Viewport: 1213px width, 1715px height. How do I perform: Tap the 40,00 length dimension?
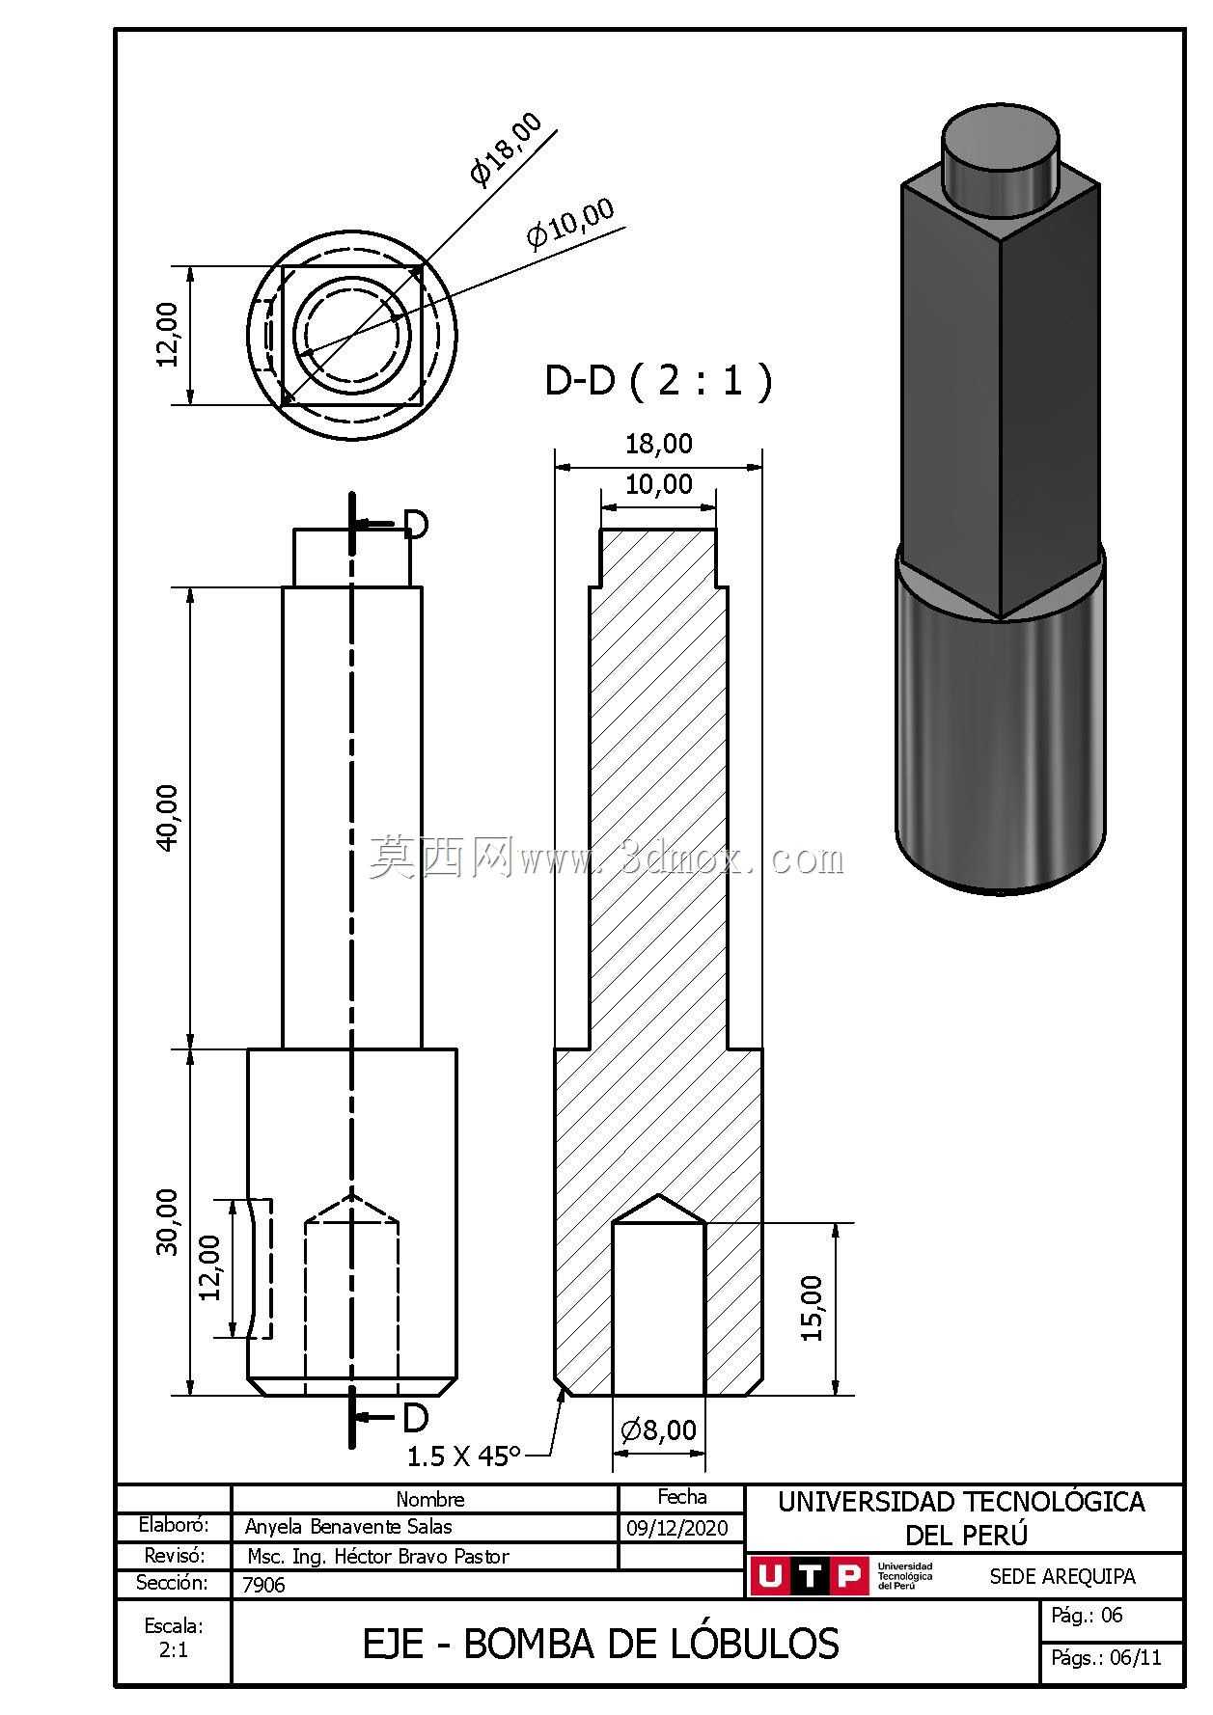(167, 817)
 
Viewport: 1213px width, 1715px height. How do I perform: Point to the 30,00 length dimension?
(167, 1221)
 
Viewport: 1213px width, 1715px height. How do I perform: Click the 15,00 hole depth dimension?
(813, 1308)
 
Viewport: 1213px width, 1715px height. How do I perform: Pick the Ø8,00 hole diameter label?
(658, 1429)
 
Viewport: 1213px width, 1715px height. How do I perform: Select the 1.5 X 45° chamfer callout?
(463, 1456)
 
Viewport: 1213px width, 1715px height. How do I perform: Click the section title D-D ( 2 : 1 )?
(658, 380)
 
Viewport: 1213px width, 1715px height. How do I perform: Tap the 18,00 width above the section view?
(658, 444)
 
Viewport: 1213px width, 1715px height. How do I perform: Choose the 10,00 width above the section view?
(658, 484)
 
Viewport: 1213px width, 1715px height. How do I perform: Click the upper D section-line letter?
(416, 524)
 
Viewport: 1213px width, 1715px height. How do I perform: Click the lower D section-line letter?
(416, 1417)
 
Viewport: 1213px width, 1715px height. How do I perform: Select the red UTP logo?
(808, 1576)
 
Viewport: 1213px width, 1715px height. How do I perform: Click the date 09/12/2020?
(678, 1528)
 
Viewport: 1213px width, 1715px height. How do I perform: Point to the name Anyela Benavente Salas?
(348, 1527)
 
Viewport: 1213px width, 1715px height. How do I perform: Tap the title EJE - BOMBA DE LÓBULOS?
(600, 1644)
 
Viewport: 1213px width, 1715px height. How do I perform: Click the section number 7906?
(263, 1585)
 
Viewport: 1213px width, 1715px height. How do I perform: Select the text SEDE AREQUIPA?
(1062, 1576)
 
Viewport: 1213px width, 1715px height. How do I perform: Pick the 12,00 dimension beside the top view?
(167, 335)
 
